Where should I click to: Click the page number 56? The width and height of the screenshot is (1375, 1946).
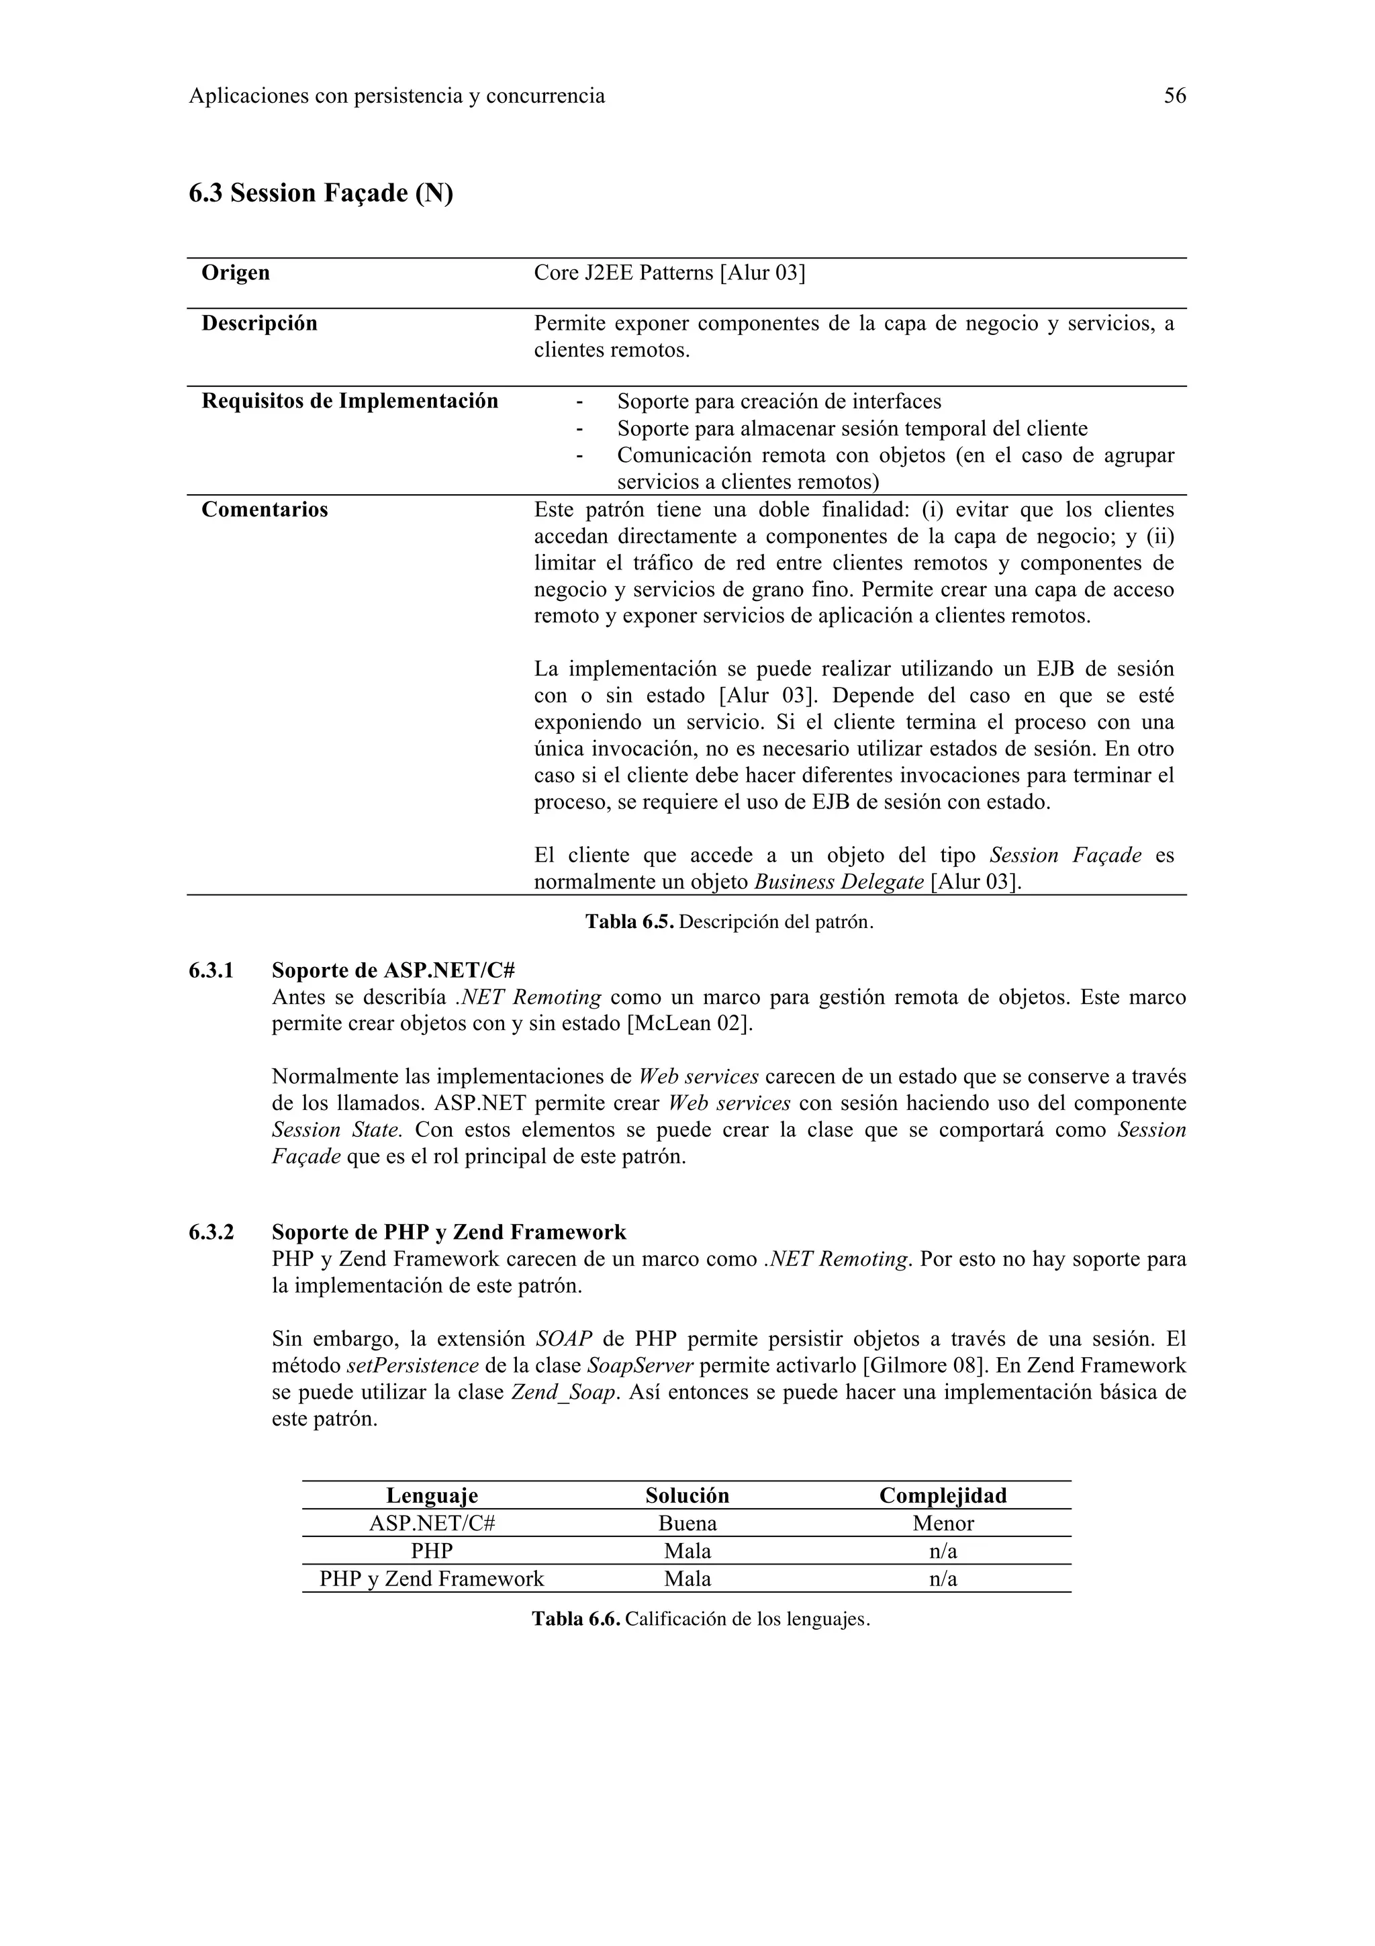(x=1174, y=96)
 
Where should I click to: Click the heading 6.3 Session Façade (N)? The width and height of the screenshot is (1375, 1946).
(x=320, y=193)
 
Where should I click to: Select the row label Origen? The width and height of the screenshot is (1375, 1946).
(x=236, y=273)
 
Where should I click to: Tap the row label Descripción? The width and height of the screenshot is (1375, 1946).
(x=259, y=324)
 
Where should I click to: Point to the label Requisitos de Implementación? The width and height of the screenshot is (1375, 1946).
(x=349, y=401)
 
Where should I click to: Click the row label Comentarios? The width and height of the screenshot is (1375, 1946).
(x=265, y=510)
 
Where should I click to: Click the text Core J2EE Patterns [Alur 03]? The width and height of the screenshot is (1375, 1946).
(x=669, y=273)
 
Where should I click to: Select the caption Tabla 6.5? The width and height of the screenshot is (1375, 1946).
(x=628, y=922)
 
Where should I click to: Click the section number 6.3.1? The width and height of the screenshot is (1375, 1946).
(x=211, y=970)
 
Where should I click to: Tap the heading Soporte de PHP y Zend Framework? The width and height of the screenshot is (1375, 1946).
(x=449, y=1232)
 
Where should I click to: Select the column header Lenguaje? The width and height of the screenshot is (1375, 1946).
(x=432, y=1496)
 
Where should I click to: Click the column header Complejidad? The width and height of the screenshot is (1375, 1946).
(x=943, y=1496)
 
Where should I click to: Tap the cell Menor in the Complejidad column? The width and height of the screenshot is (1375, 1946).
(x=943, y=1524)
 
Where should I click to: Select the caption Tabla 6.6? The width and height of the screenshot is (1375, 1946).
(x=576, y=1620)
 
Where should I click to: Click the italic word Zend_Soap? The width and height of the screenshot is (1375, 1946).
(x=563, y=1393)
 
